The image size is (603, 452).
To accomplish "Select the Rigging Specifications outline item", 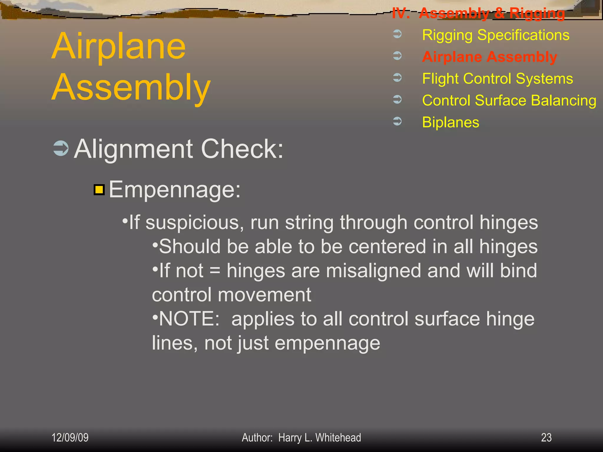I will (496, 35).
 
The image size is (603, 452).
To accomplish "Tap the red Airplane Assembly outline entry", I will (489, 57).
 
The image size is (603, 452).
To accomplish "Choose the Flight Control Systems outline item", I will (497, 79).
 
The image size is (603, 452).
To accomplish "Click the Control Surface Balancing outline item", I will (509, 101).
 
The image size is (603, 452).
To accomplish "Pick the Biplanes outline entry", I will (450, 122).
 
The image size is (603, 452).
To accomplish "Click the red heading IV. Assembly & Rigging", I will (478, 13).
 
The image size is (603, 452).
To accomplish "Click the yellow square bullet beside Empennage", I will (99, 190).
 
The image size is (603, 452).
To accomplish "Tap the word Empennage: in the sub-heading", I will (175, 190).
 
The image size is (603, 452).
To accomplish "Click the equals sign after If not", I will (215, 271).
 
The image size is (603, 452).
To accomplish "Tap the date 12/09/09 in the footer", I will (70, 438).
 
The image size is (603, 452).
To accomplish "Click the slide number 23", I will (546, 438).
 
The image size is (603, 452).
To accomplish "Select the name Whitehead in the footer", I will (338, 438).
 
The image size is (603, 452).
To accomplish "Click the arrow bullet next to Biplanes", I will (397, 121).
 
